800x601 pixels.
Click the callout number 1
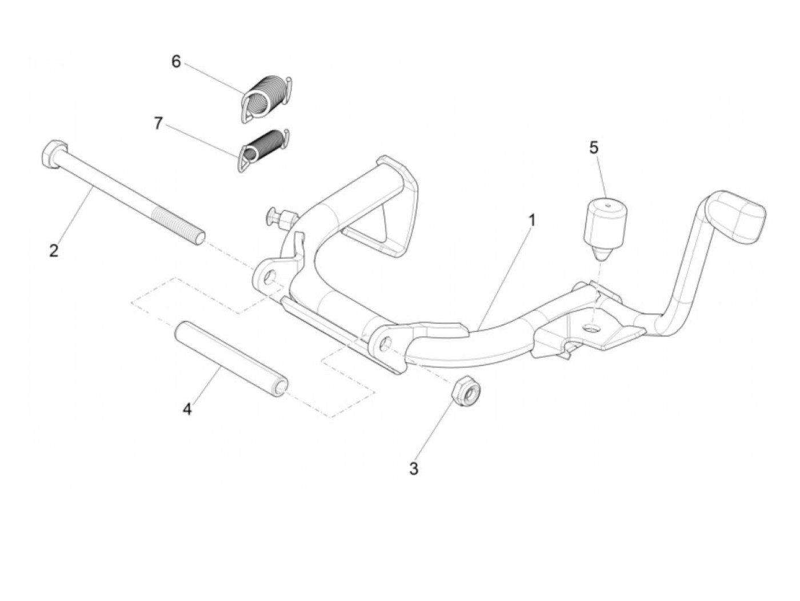pos(532,219)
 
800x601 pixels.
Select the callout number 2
pos(54,250)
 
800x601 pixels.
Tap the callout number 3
pos(414,468)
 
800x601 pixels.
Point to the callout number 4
pos(187,409)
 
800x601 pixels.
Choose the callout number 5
pos(594,147)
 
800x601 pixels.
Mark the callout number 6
pos(176,61)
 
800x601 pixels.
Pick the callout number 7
pos(158,123)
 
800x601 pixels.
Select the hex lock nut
pos(466,392)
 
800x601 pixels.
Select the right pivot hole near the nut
pos(386,343)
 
